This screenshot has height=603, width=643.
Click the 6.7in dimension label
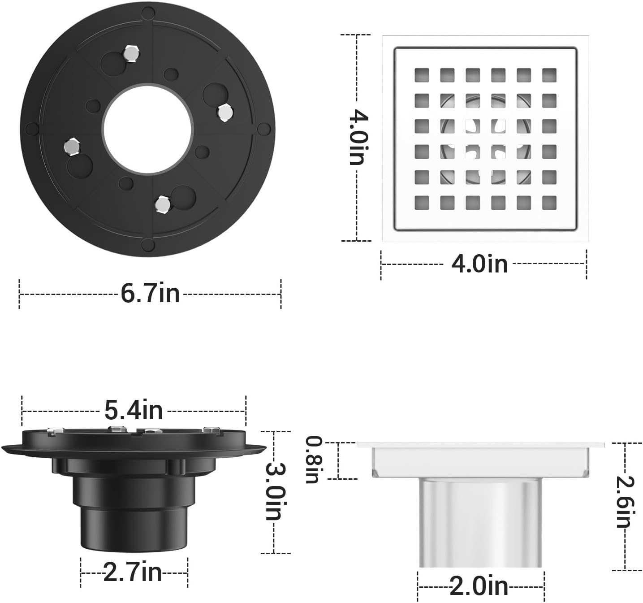150,294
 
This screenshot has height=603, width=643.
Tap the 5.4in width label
134,410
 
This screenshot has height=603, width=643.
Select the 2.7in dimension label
133,573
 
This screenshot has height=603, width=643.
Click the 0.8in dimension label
312,460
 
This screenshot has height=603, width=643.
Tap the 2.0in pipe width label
479,586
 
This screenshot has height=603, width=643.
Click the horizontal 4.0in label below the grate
479,264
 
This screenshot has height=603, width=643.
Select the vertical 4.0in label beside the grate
358,137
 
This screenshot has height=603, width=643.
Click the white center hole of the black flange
147,129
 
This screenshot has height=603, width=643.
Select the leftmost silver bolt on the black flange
71,146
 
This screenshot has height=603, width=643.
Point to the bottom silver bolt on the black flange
162,204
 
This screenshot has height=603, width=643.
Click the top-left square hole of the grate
421,75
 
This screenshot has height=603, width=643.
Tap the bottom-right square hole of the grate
549,203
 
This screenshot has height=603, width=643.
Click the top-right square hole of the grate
549,75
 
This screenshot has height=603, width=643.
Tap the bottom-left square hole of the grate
421,203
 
